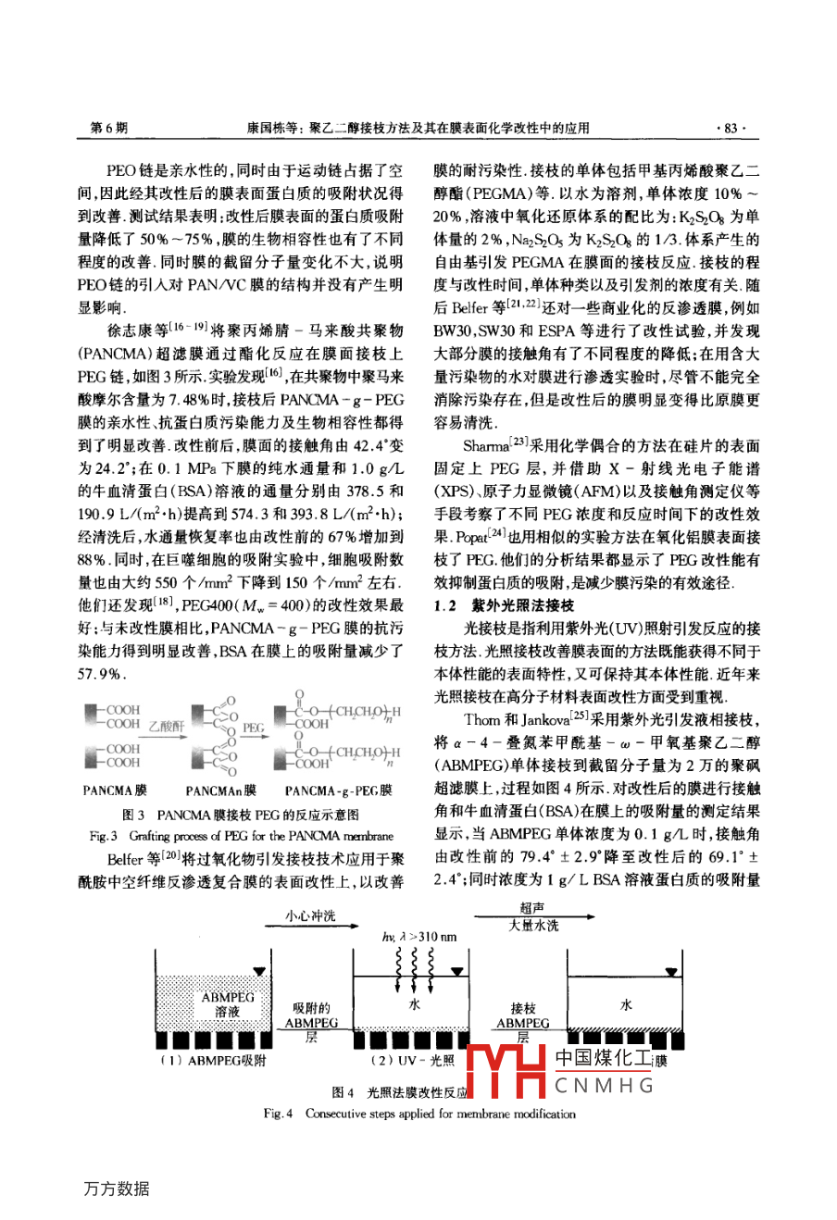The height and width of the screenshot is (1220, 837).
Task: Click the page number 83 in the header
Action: [x=731, y=129]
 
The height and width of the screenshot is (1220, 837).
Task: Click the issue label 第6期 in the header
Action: [x=109, y=129]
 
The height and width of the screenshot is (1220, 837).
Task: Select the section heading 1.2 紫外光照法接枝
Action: [x=504, y=606]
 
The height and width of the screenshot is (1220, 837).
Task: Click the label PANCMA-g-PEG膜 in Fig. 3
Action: [x=338, y=791]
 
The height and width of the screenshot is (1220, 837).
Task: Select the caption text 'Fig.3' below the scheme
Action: [x=103, y=835]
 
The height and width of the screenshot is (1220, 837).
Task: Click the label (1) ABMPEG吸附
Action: [x=213, y=1061]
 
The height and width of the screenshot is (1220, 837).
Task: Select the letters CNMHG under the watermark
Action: [x=604, y=1087]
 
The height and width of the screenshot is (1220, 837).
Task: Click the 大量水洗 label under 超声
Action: [x=533, y=926]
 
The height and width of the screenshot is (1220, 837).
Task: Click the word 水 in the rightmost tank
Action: [x=626, y=1005]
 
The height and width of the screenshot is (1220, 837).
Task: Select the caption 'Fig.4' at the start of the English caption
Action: [x=278, y=1114]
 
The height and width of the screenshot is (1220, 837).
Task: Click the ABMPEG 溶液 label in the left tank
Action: [x=228, y=1005]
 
